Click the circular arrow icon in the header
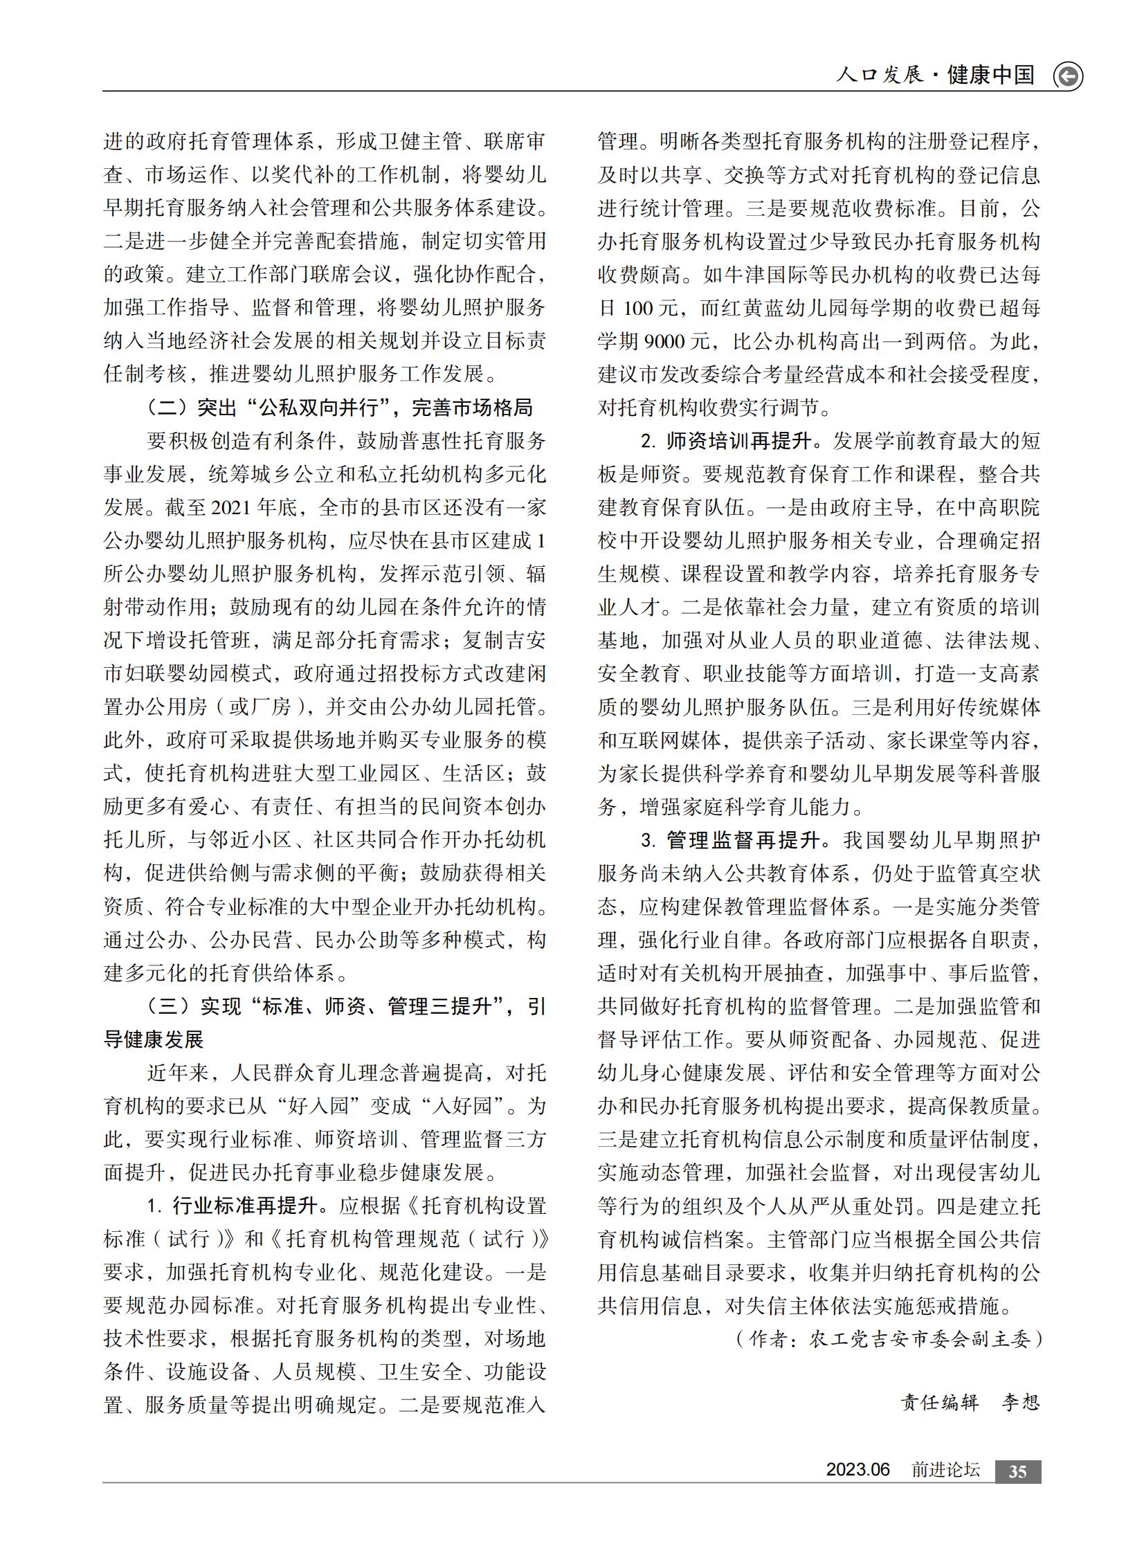coord(1067,76)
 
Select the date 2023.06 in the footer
coord(857,1470)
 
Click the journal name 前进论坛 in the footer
coord(945,1470)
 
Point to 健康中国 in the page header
coord(990,75)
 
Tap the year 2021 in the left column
coord(230,507)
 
